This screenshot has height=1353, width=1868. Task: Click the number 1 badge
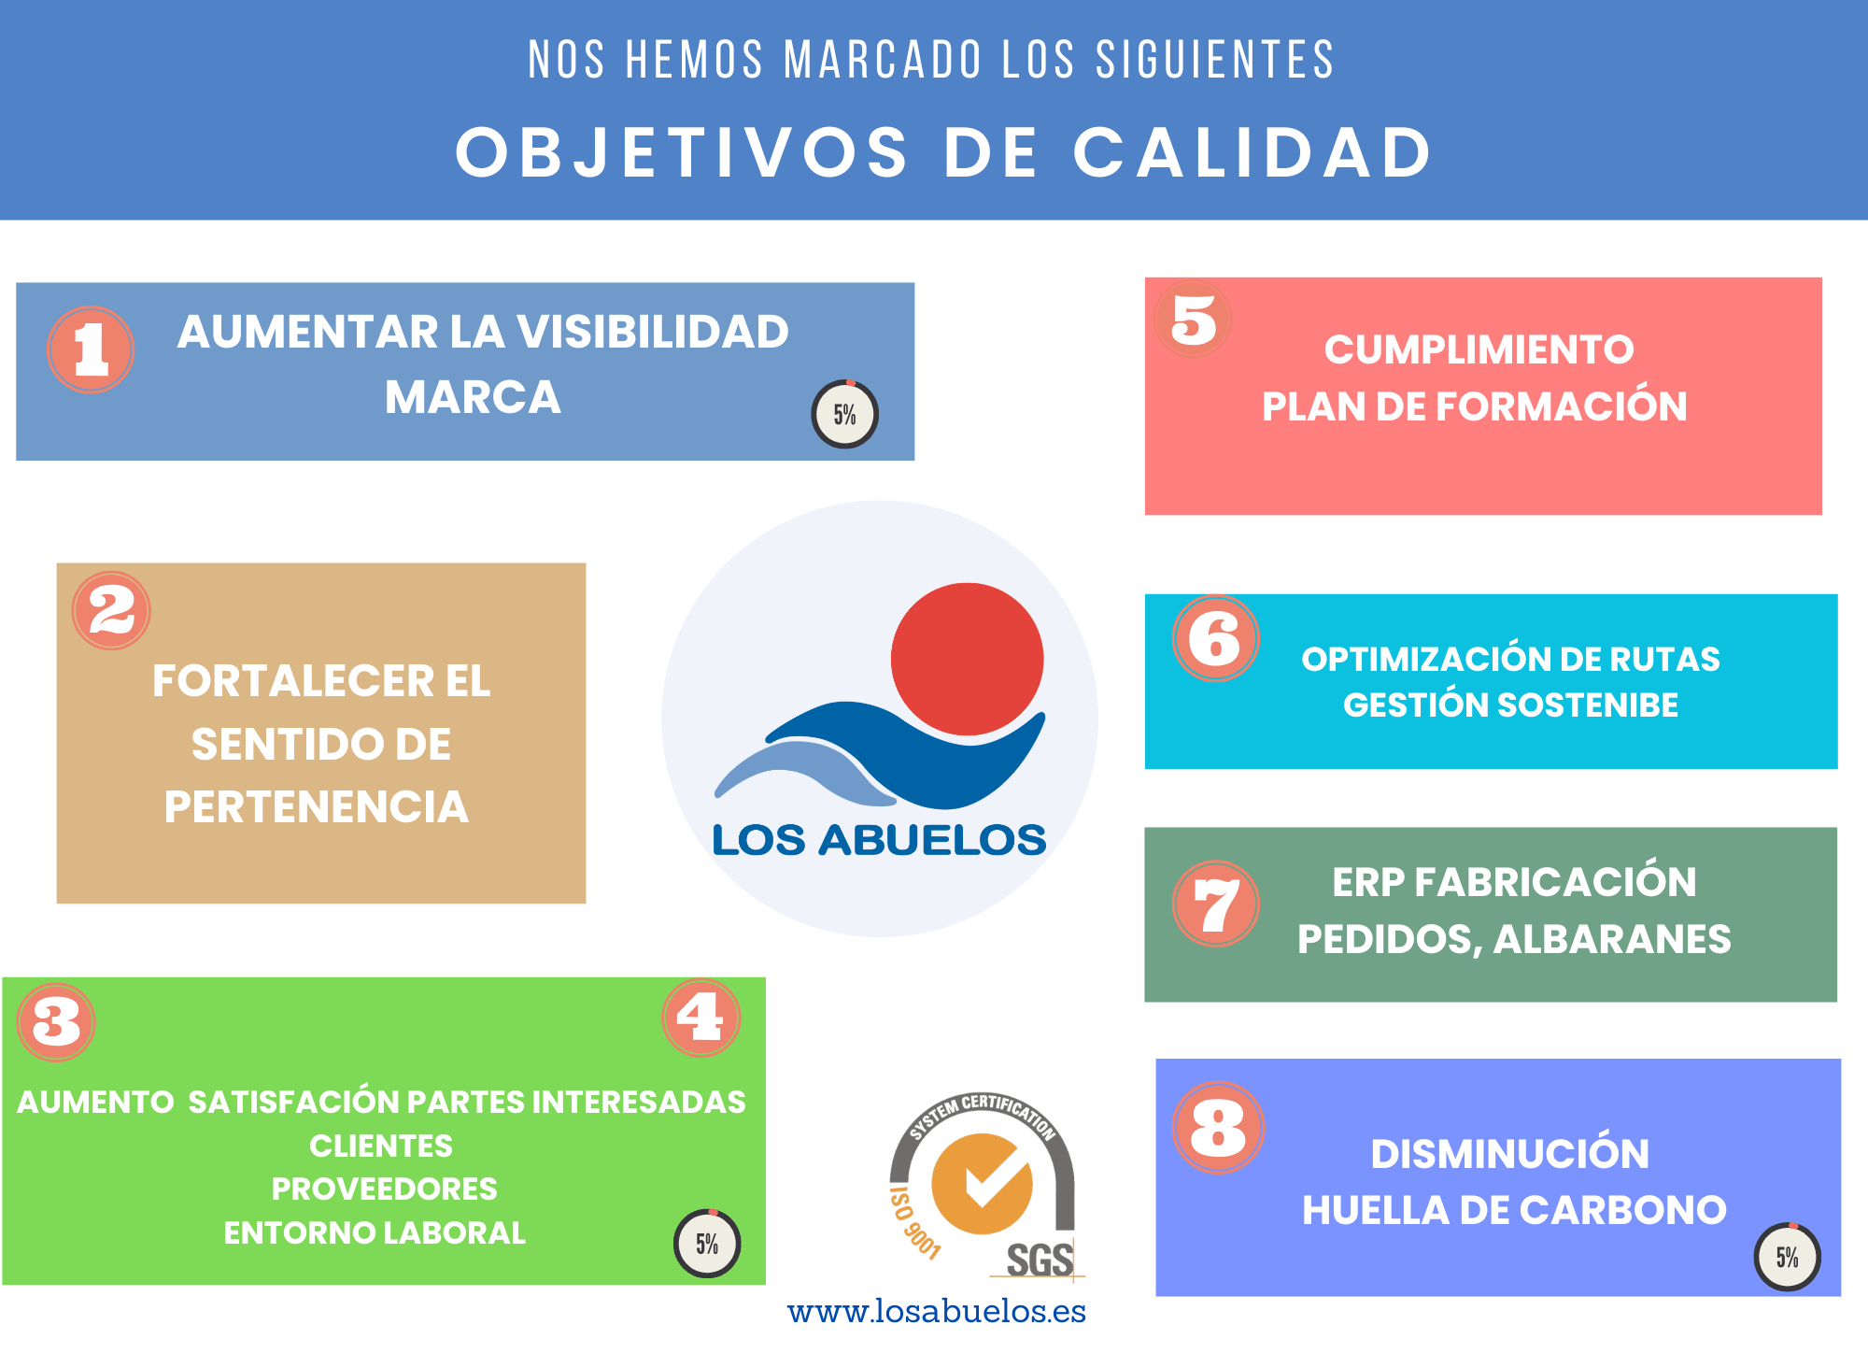91,349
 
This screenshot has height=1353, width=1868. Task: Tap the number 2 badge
111,611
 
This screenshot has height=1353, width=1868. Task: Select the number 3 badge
56,1021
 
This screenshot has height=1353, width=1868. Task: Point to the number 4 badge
700,1018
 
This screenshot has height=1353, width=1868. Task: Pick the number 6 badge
1215,639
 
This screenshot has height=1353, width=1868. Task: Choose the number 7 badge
1215,904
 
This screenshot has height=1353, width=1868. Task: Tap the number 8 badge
1218,1127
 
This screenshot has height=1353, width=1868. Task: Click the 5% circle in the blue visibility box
844,414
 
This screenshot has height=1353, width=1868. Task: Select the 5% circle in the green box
707,1243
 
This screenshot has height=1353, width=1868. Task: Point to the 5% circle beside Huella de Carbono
1787,1257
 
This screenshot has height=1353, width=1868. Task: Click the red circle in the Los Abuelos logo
967,659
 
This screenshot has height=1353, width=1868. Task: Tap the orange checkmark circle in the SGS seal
982,1184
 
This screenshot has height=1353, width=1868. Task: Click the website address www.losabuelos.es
936,1312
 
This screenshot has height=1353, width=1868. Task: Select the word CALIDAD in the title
1252,152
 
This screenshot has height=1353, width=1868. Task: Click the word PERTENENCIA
316,807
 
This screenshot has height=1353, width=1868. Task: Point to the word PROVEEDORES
384,1189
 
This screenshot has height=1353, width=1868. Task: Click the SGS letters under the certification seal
1039,1260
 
